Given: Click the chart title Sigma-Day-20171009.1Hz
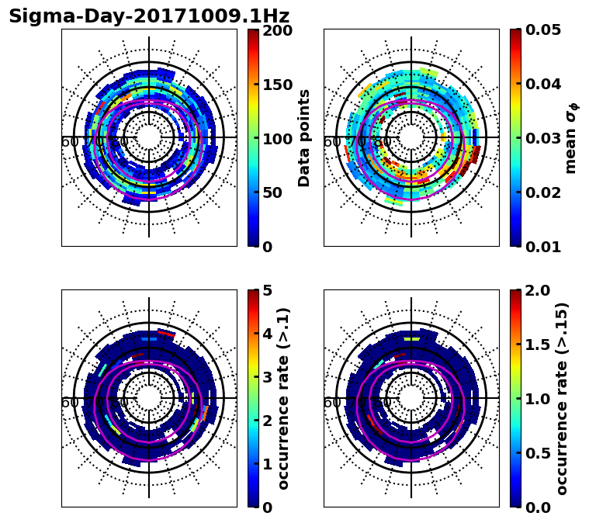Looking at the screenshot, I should [149, 16].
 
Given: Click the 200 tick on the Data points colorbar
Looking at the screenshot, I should [277, 31].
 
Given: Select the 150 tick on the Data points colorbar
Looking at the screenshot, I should [277, 85].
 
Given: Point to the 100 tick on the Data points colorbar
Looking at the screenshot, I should [277, 139].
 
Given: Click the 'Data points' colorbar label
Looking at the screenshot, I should [304, 138].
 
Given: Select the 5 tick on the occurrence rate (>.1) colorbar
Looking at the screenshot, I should [268, 292].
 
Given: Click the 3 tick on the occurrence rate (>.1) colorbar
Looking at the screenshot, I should [268, 378].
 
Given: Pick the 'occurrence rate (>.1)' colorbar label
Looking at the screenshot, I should [283, 399].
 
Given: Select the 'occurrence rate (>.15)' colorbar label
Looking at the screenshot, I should [562, 399].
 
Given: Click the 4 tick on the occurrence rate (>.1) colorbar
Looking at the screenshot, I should [268, 335].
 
